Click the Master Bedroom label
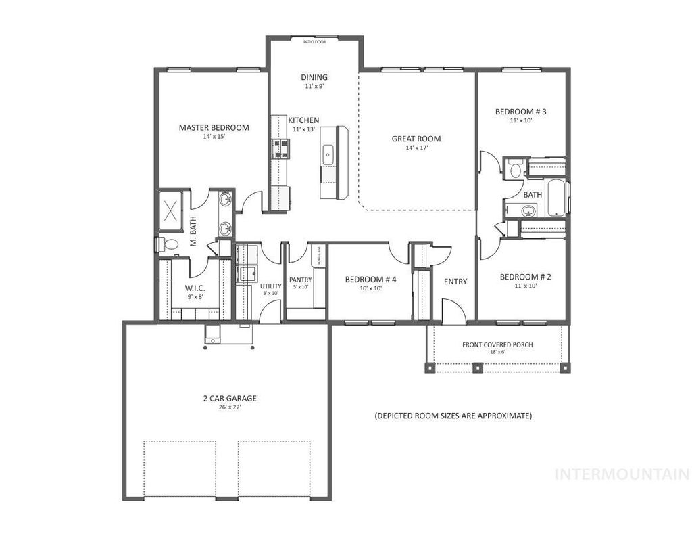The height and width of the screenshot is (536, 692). point(214,127)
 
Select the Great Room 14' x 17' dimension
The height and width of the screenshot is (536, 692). point(416,148)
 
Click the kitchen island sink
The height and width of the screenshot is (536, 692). point(328,155)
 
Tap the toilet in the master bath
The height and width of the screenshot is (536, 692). point(169,244)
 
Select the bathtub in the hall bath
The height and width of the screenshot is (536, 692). point(556,198)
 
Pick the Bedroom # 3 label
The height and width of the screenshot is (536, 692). point(520,112)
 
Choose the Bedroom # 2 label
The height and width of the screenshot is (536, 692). point(526,277)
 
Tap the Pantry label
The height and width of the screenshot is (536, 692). point(300,280)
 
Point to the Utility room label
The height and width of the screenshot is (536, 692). point(270,286)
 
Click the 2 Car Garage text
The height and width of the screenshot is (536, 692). point(230,399)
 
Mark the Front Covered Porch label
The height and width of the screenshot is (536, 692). point(497,344)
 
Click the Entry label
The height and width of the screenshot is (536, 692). point(455,282)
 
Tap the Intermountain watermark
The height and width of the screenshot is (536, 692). point(622,474)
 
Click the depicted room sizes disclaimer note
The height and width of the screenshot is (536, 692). point(453,416)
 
